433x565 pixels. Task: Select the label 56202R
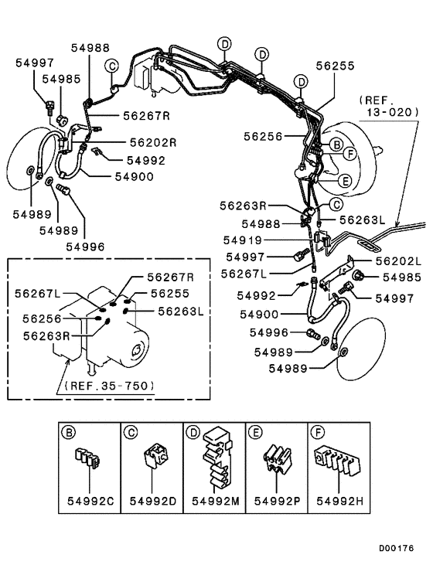pos(153,142)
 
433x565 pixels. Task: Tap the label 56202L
pos(398,261)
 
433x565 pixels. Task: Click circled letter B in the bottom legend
pos(68,431)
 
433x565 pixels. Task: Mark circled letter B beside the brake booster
pos(336,145)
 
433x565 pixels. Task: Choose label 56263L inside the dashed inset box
pos(180,311)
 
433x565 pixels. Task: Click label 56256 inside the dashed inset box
pos(43,318)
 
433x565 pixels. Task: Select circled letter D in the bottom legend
pos(193,431)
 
